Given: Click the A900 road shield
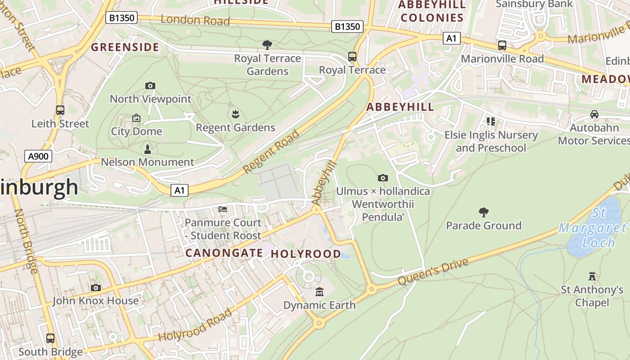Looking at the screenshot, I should coord(38,157).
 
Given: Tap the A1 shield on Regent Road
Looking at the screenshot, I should coord(180,190).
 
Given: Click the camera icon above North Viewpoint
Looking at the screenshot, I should coord(150,85).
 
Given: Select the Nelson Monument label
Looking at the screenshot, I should coord(148,162).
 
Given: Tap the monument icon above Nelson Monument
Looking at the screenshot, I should coord(147,148).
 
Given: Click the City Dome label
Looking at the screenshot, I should coord(136,131).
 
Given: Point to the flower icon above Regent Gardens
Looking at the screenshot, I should coord(235,114).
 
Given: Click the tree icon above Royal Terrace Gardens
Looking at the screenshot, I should coord(267,45).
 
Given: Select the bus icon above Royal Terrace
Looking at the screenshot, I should coord(352,57).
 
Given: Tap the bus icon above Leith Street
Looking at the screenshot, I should coord(60,110).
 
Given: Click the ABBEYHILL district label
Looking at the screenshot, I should coord(400,107).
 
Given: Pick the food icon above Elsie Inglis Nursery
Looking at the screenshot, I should coord(490,121).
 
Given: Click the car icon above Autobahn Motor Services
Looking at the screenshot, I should coord(594,114).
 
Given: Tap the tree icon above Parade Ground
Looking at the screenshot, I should coord(484,212).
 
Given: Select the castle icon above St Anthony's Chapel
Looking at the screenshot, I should coord(592,276).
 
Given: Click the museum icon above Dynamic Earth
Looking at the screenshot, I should coord(319,292).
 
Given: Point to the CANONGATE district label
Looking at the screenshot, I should coord(224,253).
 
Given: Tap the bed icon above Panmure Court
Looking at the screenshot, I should coord(223,209).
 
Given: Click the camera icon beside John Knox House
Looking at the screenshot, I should coord(96,288).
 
